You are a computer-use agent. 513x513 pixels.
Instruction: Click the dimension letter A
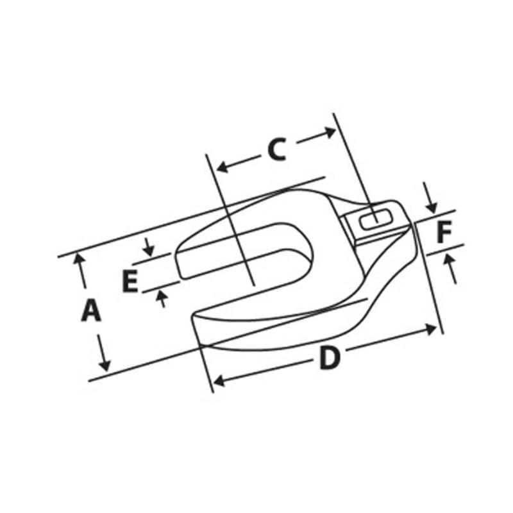coord(91,310)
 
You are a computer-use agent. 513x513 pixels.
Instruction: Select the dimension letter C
coord(277,149)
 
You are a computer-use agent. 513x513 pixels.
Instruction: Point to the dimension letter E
coord(130,281)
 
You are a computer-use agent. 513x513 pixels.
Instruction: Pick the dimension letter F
coord(444,231)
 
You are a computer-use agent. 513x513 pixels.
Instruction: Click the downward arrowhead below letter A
coord(105,365)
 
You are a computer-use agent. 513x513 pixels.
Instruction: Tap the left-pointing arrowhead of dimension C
coord(223,167)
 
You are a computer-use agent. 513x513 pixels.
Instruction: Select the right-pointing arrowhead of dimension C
coord(330,132)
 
